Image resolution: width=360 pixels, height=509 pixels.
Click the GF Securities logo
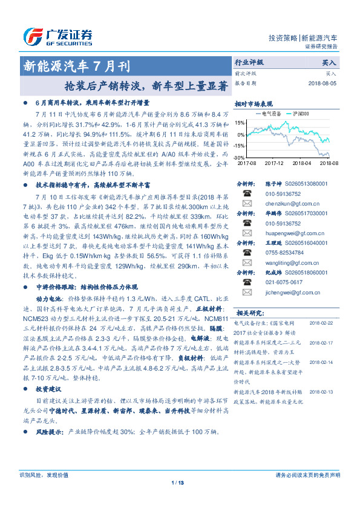[57, 36]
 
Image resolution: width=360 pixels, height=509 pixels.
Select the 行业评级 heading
[249, 62]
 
